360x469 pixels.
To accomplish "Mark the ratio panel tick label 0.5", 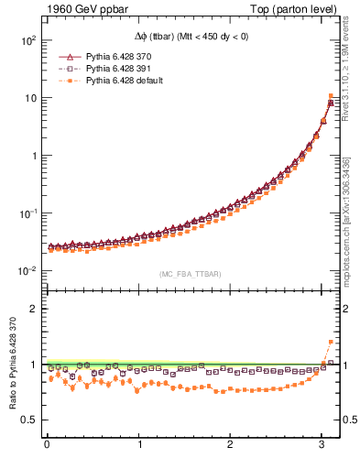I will [x=27, y=420].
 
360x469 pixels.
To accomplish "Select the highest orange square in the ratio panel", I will [x=331, y=342].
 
